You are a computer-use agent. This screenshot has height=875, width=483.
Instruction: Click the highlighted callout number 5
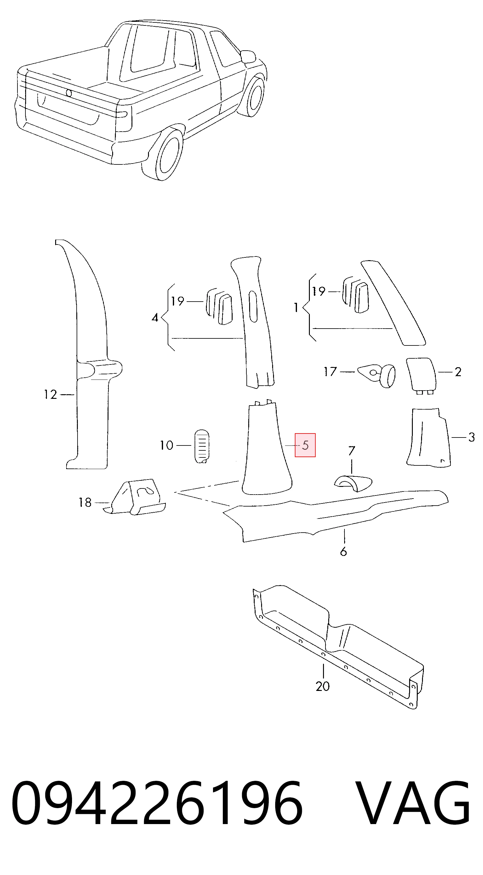[x=305, y=445]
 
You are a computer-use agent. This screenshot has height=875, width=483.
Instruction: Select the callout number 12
[x=50, y=394]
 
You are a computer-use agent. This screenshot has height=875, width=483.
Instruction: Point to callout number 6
[x=344, y=552]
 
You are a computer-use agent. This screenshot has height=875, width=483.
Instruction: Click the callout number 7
[x=352, y=451]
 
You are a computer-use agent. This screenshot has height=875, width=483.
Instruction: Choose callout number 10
[x=167, y=445]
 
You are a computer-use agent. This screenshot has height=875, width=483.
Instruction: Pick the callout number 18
[x=85, y=502]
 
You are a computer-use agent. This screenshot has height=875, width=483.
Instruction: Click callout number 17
[x=330, y=372]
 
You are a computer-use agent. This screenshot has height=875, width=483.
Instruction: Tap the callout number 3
[x=471, y=437]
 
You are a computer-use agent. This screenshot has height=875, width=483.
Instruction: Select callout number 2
[x=458, y=372]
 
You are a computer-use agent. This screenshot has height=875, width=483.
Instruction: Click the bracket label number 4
[x=155, y=318]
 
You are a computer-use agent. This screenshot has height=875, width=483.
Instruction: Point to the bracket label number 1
[x=296, y=308]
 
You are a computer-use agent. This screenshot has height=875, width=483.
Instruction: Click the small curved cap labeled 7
[x=353, y=483]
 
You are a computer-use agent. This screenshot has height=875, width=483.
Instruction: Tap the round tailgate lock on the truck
[x=69, y=93]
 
